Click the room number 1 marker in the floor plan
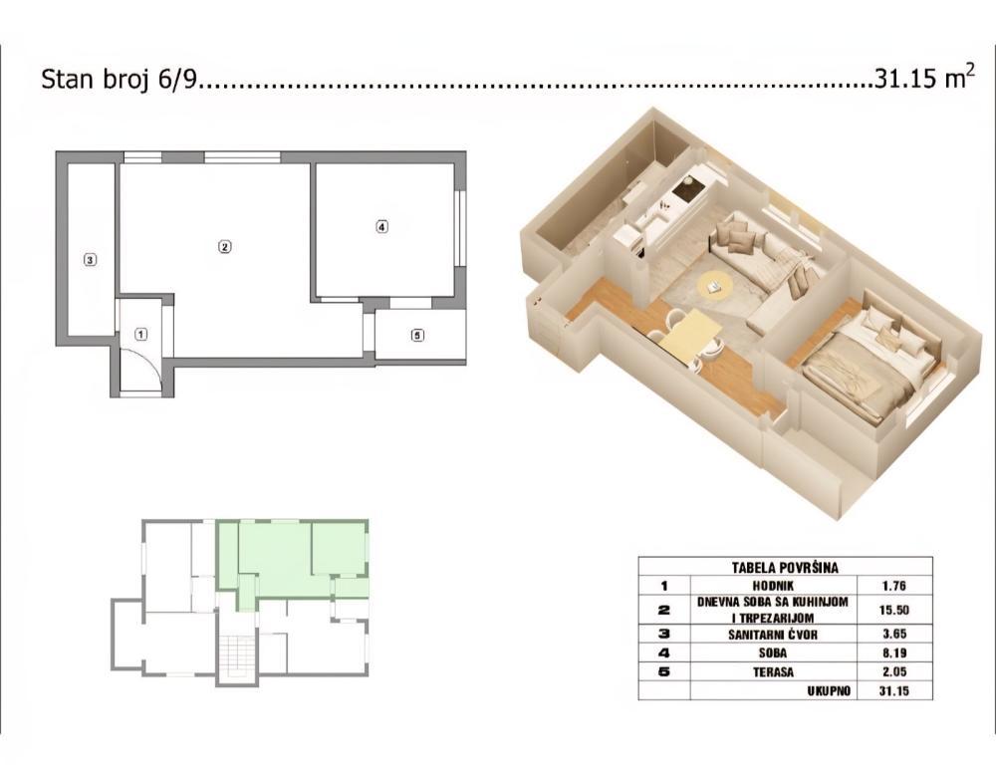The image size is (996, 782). click(141, 335)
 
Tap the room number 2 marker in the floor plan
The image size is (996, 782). click(225, 246)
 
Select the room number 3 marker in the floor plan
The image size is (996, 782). click(90, 261)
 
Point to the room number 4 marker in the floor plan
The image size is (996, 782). click(381, 227)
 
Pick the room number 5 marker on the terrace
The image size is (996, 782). click(416, 335)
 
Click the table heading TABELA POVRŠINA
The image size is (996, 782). click(784, 567)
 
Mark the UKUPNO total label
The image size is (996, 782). click(829, 690)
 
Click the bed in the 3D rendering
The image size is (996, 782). click(867, 364)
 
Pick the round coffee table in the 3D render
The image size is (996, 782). click(714, 286)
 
